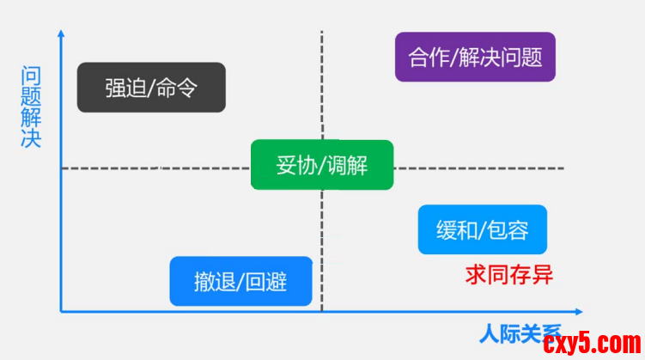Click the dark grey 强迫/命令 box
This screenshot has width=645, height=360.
pos(151,88)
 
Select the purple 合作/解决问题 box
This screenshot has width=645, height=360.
pos(475,58)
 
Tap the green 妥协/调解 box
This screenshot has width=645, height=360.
pos(322,165)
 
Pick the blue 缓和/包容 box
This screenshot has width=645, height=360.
pos(482,229)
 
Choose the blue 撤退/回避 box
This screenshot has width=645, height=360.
pos(240,281)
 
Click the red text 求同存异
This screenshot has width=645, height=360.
pos(509,274)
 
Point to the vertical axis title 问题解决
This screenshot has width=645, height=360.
pos(31,107)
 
